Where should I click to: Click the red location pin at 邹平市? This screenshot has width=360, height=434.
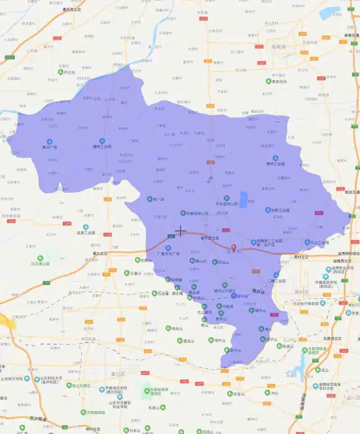[233, 248]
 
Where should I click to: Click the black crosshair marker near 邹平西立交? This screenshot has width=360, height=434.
[180, 231]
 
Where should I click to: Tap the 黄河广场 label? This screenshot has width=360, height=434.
[49, 147]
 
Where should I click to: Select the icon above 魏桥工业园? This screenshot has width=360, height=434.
[102, 141]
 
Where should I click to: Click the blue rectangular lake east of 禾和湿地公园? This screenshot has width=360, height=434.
[243, 199]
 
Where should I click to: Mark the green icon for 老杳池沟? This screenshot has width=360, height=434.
[269, 81]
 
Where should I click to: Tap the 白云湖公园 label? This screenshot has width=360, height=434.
[40, 263]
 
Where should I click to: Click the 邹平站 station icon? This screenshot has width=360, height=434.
[233, 296]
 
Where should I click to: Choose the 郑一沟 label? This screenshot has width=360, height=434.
[159, 199]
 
